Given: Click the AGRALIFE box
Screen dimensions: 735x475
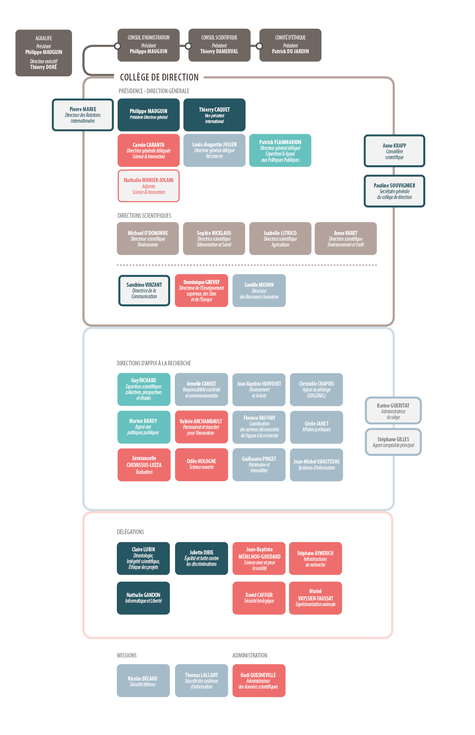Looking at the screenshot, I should [44, 53].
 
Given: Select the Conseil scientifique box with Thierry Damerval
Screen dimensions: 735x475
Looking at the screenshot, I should [219, 45].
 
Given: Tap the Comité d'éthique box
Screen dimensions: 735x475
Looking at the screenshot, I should [290, 45].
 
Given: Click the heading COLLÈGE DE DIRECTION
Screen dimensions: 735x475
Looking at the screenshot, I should [159, 77].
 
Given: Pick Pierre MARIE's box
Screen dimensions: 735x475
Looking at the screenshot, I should [83, 115].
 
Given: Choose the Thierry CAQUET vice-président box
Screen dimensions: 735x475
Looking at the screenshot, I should [214, 115].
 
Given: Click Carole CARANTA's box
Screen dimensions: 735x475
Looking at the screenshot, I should [149, 150].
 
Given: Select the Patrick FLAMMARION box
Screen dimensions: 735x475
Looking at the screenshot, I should [280, 150].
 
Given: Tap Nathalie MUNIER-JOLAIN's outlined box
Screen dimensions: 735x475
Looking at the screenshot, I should [149, 186].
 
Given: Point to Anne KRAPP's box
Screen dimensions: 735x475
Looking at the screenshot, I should [394, 151].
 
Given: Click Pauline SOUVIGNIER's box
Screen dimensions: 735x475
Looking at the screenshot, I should [394, 191].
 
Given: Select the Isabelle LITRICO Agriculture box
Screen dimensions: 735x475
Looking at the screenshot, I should [280, 238].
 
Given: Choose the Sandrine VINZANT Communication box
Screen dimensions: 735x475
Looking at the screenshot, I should [144, 291].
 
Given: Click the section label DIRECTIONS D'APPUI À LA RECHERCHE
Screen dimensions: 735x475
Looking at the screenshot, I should [154, 363].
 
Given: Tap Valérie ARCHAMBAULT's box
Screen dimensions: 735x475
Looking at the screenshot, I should [201, 427].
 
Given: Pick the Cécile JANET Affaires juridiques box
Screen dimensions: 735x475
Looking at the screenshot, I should [316, 427].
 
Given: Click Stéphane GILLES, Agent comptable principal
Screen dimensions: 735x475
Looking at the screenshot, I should [393, 442].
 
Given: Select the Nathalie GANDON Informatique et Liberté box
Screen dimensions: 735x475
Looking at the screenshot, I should [143, 598].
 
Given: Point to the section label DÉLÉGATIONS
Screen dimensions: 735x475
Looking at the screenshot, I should [131, 532].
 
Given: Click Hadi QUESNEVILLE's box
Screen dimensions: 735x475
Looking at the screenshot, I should [259, 681].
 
